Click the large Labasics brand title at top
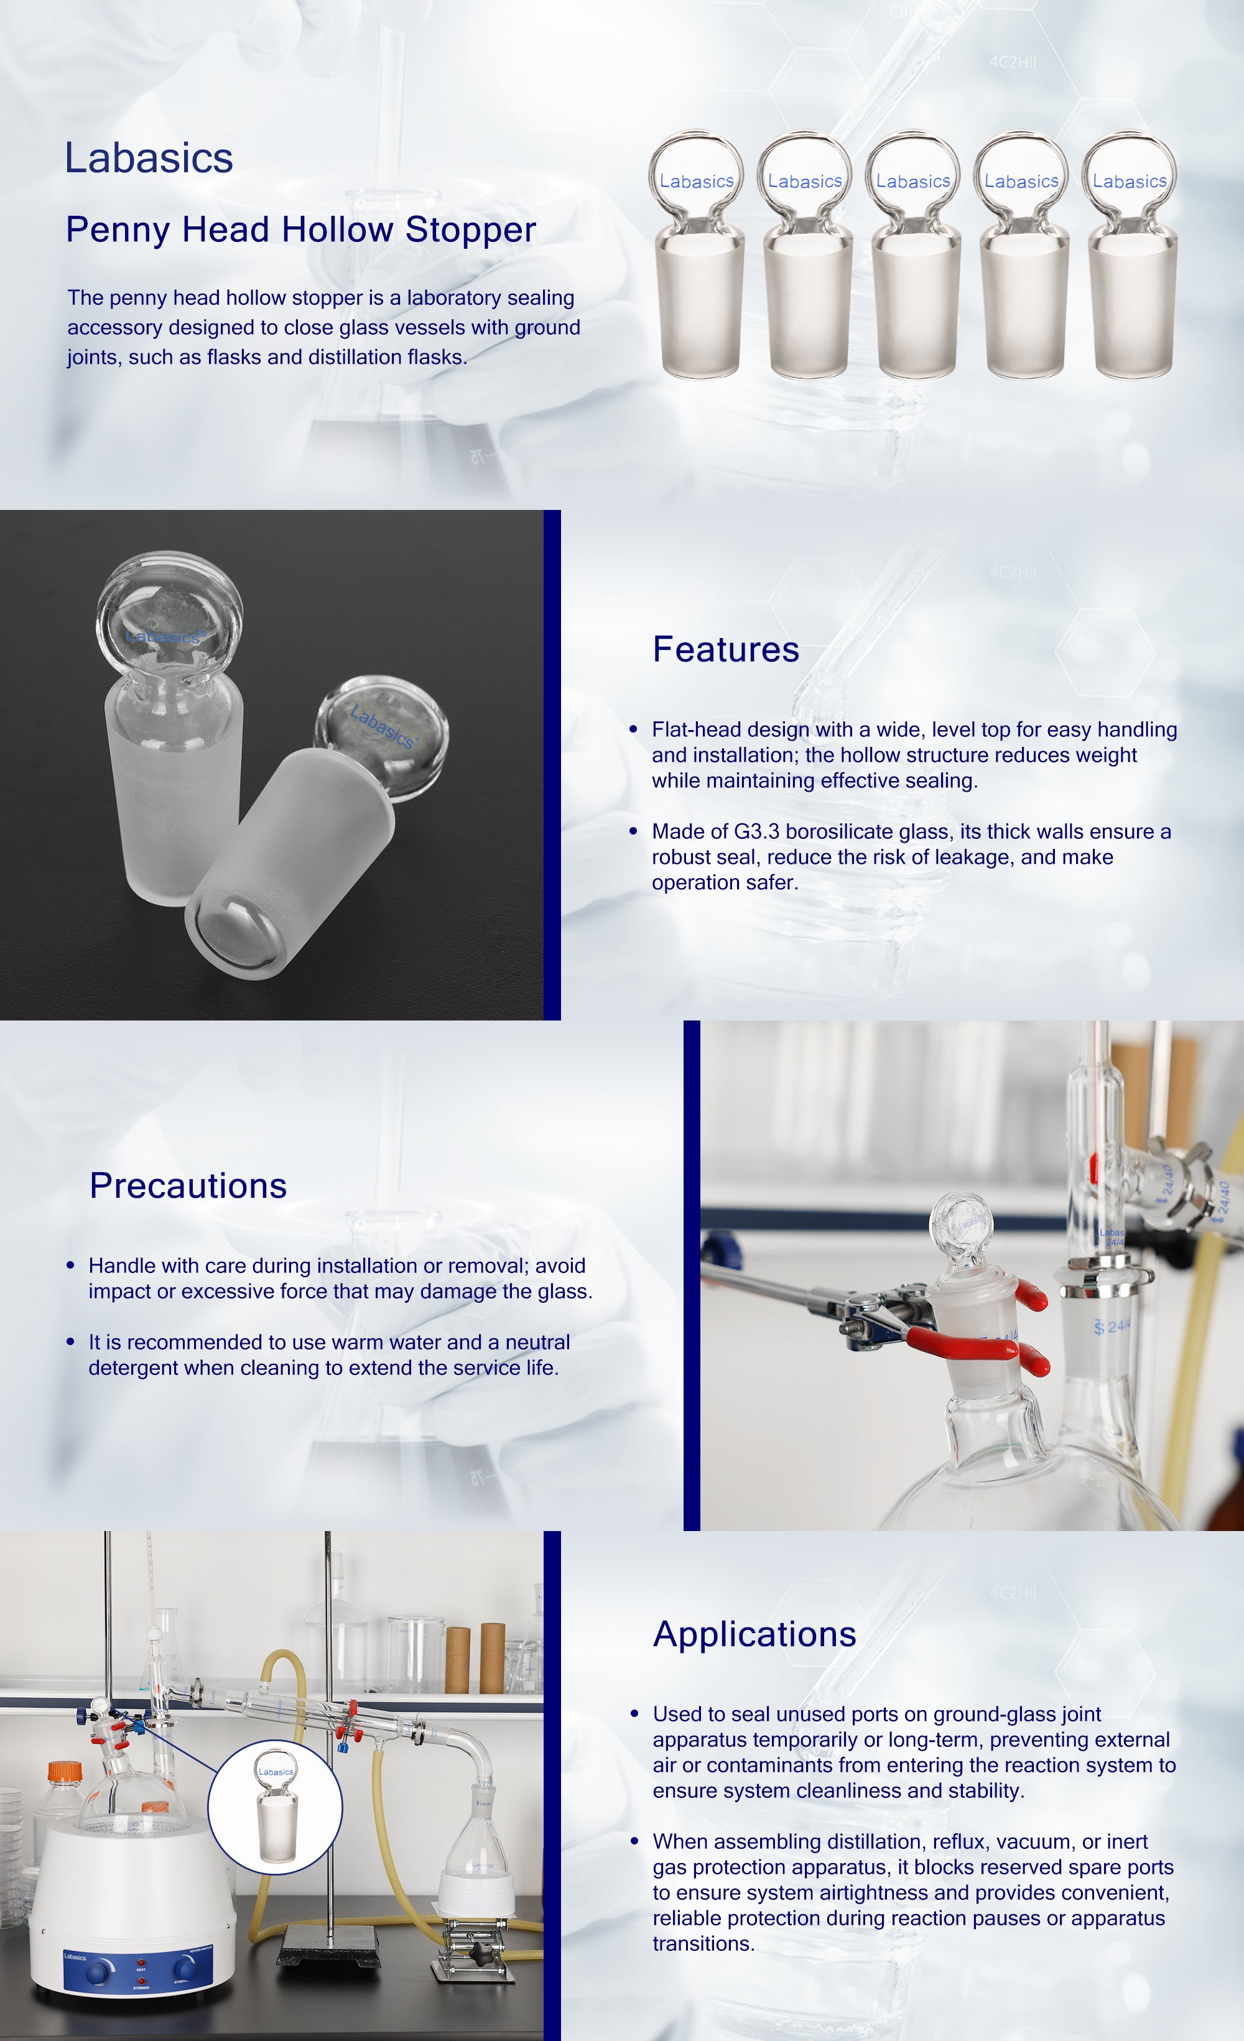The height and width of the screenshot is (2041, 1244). tap(149, 158)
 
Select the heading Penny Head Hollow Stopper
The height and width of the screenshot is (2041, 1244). tap(300, 229)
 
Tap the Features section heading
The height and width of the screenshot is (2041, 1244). tap(725, 649)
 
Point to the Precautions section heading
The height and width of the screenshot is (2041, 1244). tap(188, 1185)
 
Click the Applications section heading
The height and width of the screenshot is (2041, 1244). tap(754, 1634)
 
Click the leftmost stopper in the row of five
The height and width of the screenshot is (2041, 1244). tap(697, 254)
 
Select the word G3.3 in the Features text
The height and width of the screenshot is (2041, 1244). tap(756, 831)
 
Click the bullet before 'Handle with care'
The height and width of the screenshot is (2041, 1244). tap(70, 1266)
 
